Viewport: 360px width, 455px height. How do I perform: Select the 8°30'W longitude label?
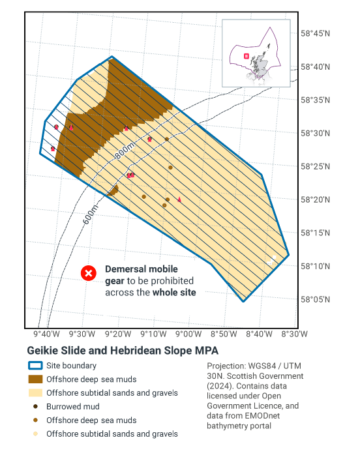pos(294,334)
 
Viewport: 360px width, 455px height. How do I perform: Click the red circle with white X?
pos(89,274)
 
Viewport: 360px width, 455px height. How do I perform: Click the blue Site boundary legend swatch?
pos(35,366)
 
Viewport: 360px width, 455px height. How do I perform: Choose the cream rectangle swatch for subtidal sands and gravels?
pos(35,393)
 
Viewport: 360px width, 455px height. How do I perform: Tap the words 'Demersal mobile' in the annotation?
pos(141,269)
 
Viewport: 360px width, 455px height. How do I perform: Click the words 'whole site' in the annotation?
pos(174,292)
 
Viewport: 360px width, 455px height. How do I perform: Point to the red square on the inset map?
pos(246,56)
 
